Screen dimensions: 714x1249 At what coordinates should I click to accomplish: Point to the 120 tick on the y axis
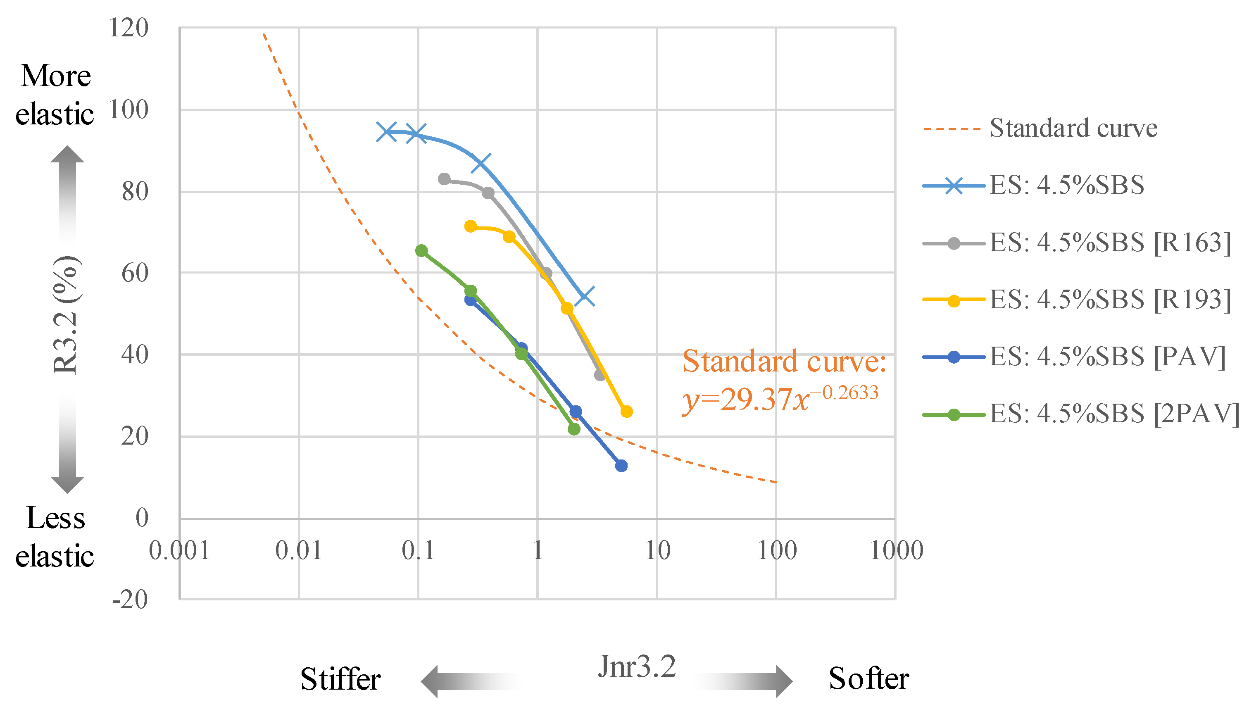128,28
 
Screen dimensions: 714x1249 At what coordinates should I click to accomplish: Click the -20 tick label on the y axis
130,600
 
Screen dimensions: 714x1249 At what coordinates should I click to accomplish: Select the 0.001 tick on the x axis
179,550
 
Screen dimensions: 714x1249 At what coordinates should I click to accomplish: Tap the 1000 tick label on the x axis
896,550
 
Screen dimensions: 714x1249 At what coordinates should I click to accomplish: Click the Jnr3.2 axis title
637,667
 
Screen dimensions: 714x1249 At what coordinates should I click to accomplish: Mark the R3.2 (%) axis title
66,315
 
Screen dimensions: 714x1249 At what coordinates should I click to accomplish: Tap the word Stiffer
340,680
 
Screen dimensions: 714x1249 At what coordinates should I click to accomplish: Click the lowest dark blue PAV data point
621,465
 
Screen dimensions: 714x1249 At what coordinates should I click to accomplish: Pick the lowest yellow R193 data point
626,412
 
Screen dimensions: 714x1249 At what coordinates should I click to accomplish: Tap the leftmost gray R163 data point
444,179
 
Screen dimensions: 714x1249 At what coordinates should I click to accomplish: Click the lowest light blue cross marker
584,296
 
